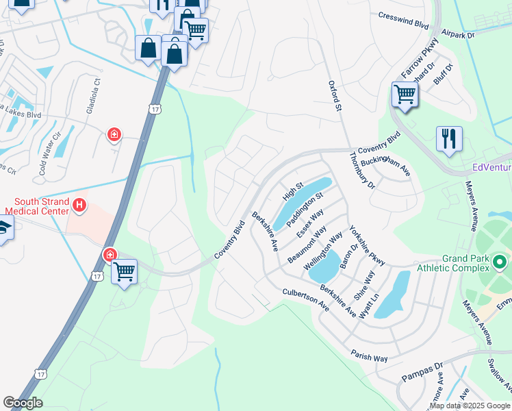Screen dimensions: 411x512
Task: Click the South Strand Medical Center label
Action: [39, 206]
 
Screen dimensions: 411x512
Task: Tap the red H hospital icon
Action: [79, 205]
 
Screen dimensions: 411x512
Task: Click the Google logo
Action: [23, 403]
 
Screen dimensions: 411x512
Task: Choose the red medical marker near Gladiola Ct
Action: [114, 135]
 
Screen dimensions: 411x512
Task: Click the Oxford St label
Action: [335, 95]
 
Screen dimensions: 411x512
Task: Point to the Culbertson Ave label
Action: [306, 301]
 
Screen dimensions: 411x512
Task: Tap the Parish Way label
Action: [370, 358]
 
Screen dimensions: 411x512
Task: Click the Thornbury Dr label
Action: [362, 171]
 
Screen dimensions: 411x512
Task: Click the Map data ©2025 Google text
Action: [470, 406]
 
